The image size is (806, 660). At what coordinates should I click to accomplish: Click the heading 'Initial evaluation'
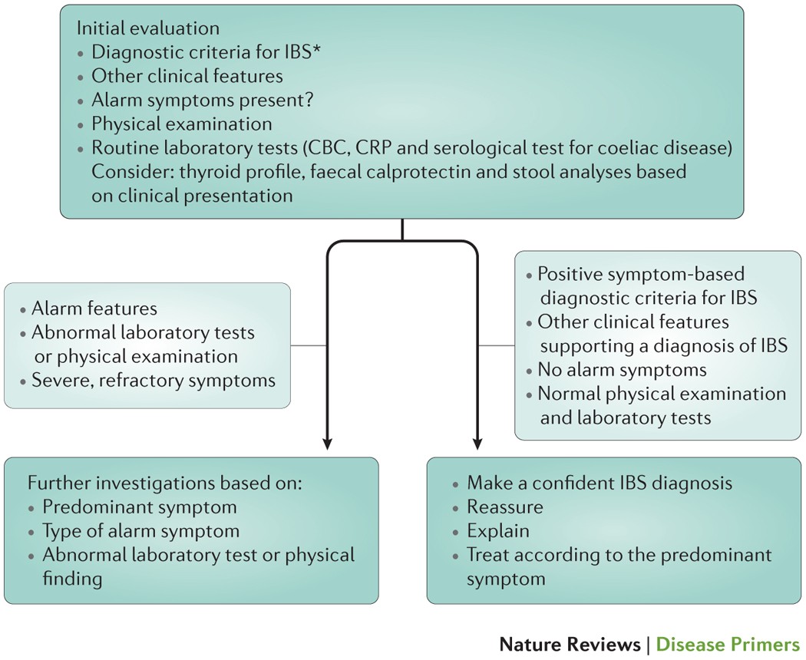click(x=148, y=28)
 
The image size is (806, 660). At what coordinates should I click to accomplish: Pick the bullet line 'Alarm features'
click(x=94, y=309)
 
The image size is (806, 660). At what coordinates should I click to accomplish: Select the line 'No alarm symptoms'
click(x=622, y=370)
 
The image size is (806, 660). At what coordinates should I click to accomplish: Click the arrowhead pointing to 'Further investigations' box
click(x=328, y=443)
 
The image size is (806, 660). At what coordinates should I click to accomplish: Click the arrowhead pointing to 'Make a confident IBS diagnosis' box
click(x=477, y=443)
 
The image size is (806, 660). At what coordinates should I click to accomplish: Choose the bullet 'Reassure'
click(x=505, y=507)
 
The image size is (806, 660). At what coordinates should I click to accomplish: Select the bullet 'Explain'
click(x=498, y=531)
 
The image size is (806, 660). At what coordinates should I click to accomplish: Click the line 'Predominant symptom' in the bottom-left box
click(x=140, y=507)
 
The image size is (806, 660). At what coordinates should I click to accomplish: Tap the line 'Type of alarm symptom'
click(x=141, y=531)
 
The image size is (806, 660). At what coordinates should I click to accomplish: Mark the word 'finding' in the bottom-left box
click(x=72, y=578)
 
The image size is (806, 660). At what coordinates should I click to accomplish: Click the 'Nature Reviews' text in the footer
click(x=570, y=643)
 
